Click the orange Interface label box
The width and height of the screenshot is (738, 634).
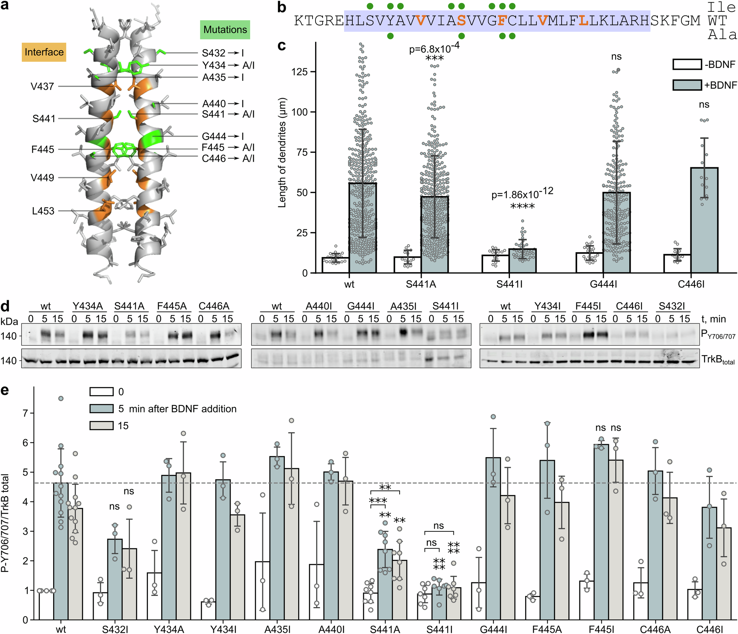point(44,52)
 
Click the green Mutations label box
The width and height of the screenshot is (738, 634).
point(225,30)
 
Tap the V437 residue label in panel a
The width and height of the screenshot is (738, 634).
point(42,86)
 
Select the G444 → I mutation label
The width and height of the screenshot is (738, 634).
point(223,137)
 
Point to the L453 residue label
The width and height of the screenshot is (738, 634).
point(43,211)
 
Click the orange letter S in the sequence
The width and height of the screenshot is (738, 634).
point(461,21)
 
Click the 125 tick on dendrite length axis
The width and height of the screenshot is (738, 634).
point(299,72)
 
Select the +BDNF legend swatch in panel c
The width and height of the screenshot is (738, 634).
point(687,85)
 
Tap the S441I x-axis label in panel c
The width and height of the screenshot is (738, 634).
point(509,284)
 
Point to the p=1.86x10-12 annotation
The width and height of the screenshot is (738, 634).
point(522,193)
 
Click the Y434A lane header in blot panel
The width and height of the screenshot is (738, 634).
point(87,306)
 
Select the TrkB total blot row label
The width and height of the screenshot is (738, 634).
point(718,359)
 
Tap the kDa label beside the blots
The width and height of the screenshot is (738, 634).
point(9,321)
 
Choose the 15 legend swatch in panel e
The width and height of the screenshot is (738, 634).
point(101,426)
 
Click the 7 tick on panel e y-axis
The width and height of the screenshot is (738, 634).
point(25,413)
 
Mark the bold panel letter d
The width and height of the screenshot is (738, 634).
point(5,307)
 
